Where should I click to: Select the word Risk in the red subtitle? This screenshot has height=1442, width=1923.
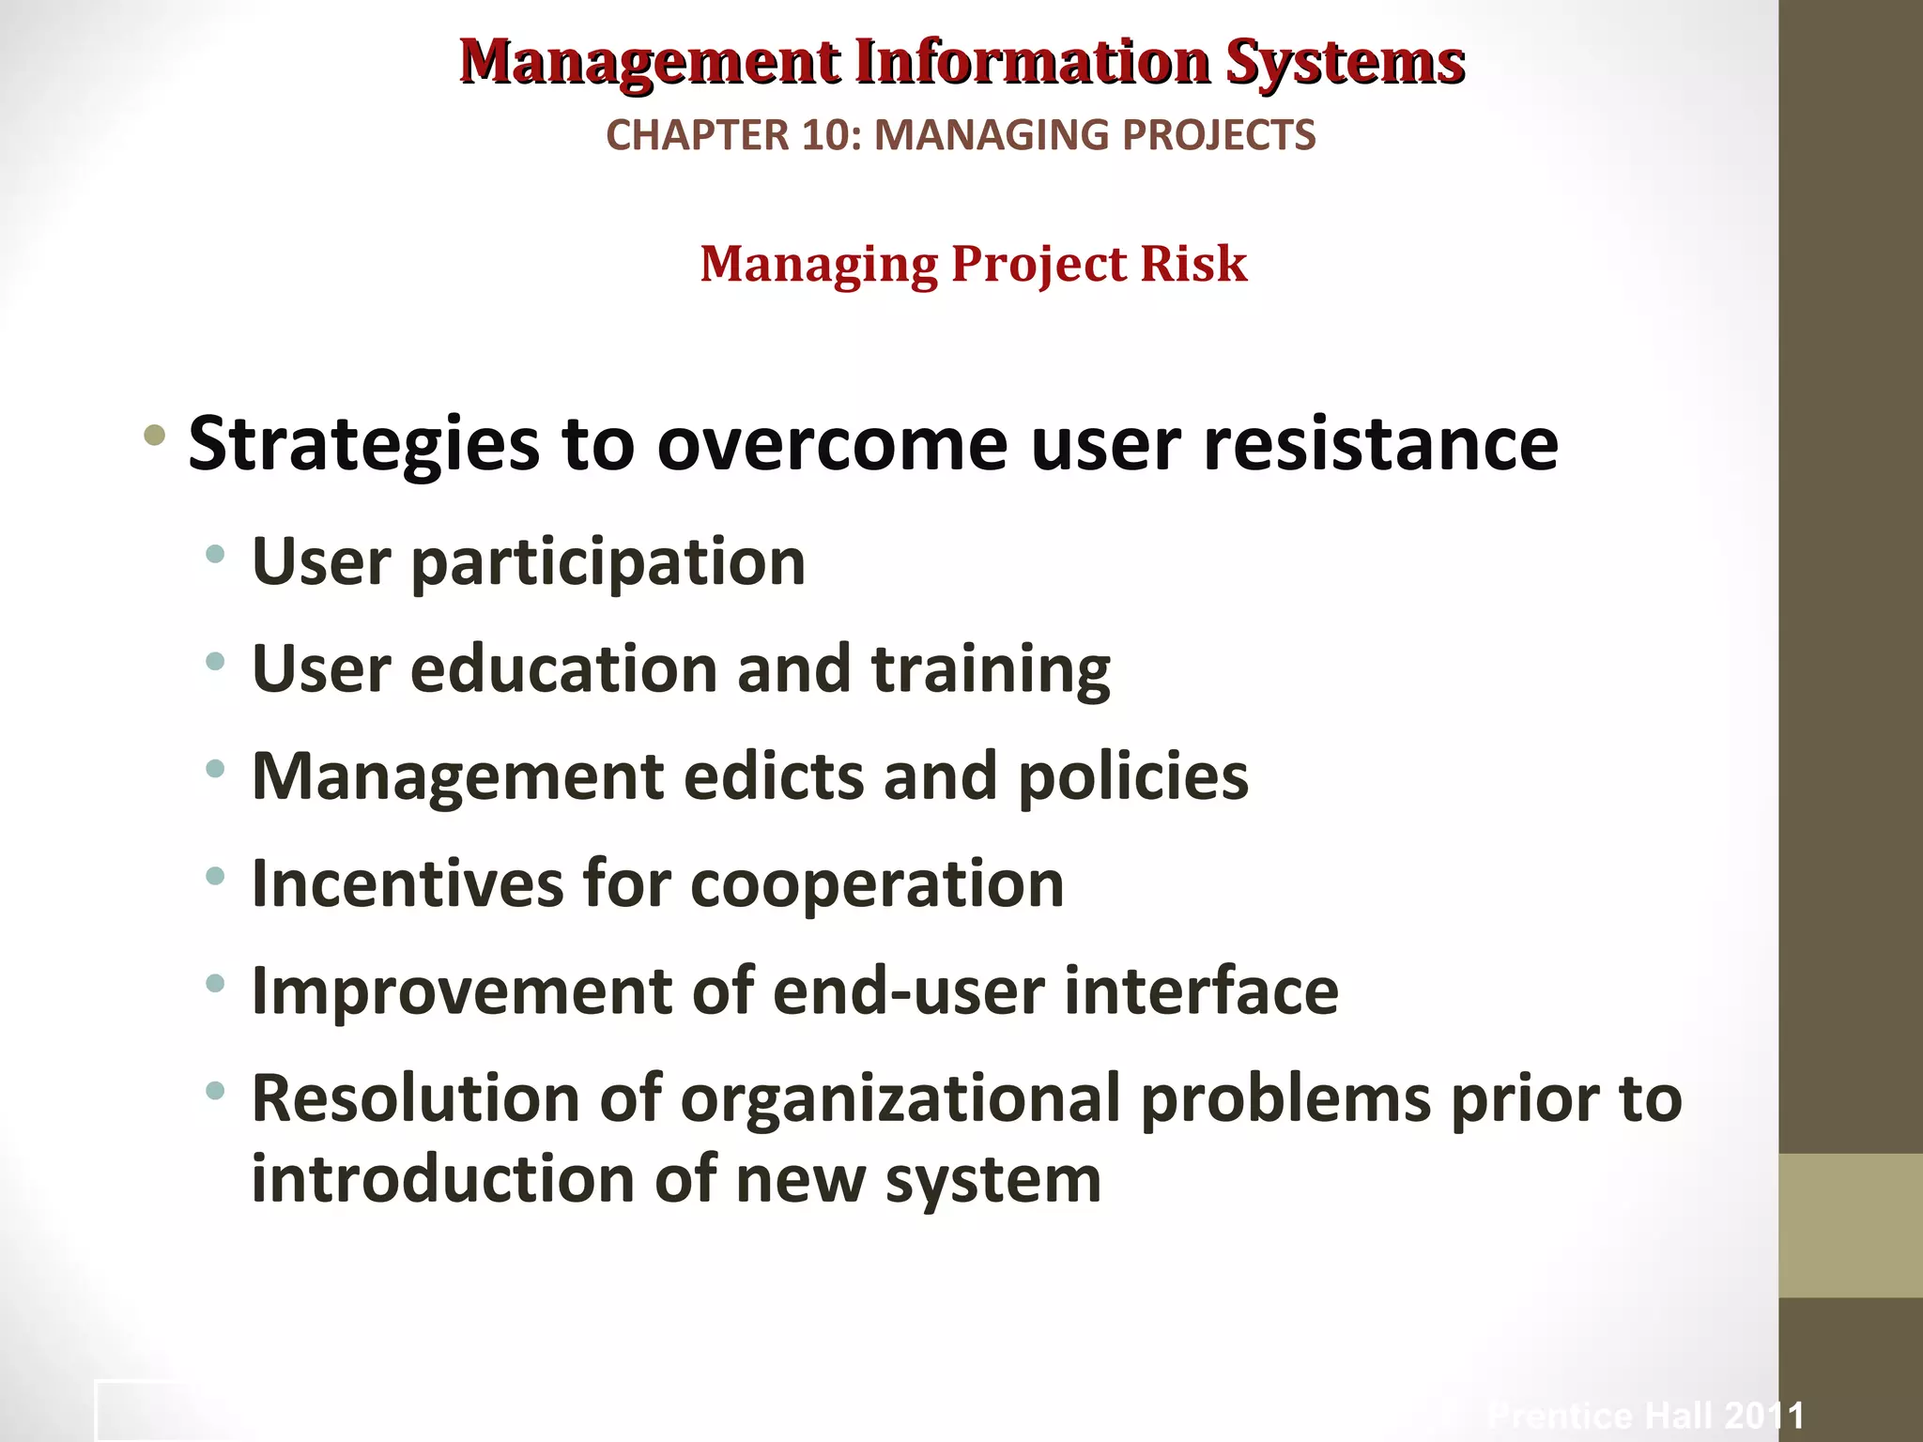point(1193,264)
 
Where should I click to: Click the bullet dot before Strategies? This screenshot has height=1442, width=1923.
point(155,436)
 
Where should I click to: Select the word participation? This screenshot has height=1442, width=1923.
point(608,563)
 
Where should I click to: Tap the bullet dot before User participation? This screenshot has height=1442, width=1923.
point(215,554)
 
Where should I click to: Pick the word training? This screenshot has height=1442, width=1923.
point(991,671)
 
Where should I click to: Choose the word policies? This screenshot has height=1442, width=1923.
point(1133,778)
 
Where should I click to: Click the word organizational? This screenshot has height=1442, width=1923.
point(900,1099)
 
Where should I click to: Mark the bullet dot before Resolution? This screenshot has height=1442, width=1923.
point(215,1091)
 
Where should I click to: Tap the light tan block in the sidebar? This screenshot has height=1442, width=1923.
point(1851,1225)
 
